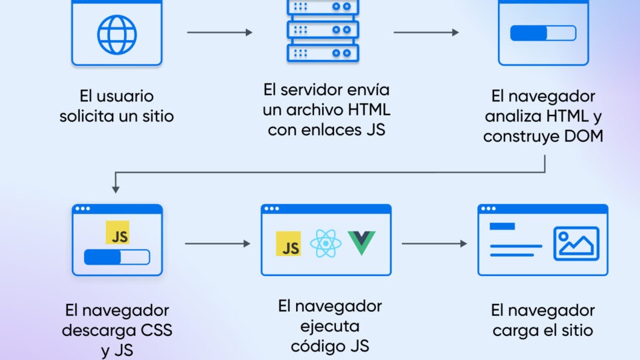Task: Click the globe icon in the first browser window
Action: (x=117, y=34)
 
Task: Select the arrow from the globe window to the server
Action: (x=220, y=32)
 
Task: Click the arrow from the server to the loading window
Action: (x=426, y=32)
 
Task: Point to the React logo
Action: (x=325, y=243)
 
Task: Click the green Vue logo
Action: (x=361, y=243)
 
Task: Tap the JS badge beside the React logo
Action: (x=289, y=244)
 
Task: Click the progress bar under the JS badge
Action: (x=117, y=257)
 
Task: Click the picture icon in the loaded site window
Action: (x=576, y=243)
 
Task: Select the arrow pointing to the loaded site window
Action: (x=434, y=244)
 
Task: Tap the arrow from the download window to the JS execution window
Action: (x=217, y=244)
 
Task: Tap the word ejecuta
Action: (x=329, y=327)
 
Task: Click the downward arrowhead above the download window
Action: (x=115, y=189)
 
